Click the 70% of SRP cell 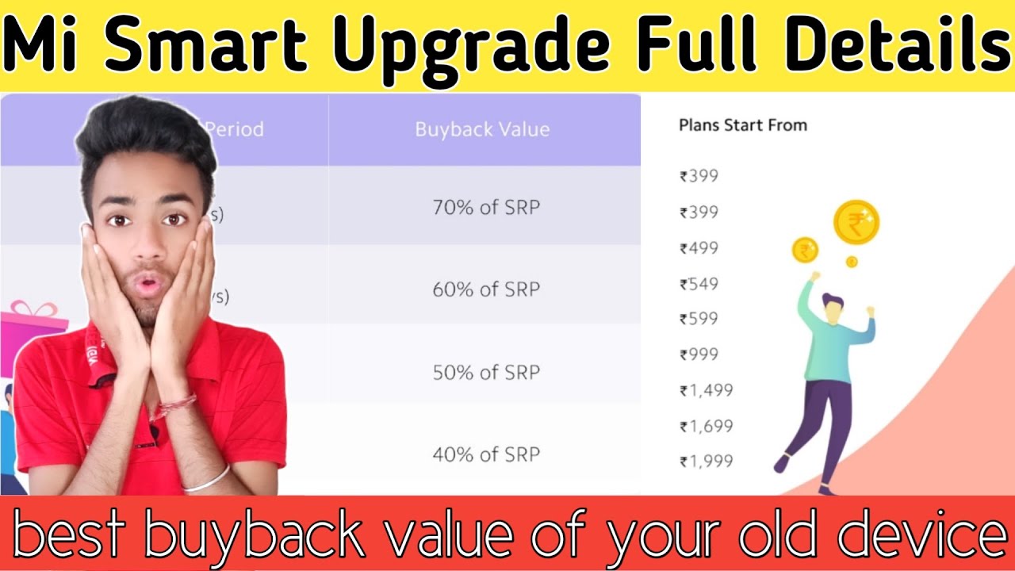(485, 208)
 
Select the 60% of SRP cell (485, 289)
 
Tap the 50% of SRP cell (485, 372)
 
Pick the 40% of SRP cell (485, 454)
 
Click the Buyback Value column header (482, 129)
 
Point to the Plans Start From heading (742, 125)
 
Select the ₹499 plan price (699, 248)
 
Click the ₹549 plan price (699, 284)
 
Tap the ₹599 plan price (699, 319)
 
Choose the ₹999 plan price (699, 354)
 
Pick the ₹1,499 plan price (706, 390)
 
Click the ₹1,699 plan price (706, 426)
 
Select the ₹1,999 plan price (706, 461)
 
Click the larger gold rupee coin (856, 222)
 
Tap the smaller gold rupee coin (805, 251)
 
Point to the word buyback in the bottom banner (268, 536)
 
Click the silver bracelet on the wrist (208, 477)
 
